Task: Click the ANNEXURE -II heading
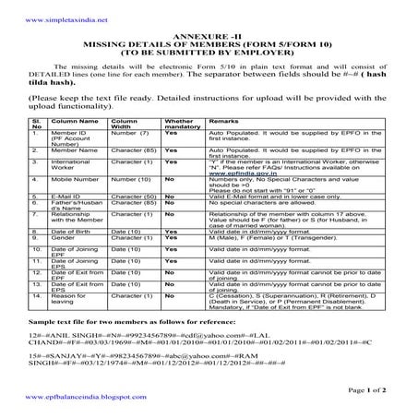208,33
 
